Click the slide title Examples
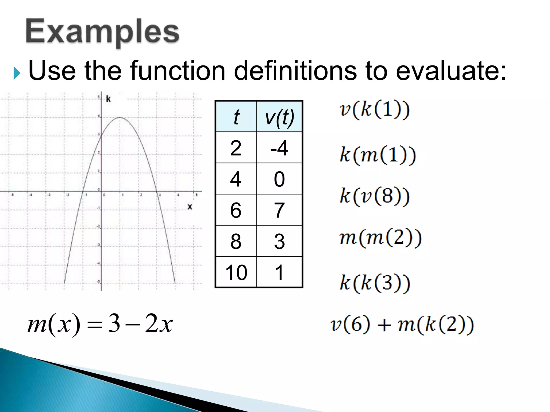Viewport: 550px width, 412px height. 102,32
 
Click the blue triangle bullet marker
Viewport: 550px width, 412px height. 17,73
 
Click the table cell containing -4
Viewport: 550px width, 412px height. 279,148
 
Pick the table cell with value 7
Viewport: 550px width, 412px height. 279,210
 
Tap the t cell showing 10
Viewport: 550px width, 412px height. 236,272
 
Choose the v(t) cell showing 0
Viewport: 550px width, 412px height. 279,179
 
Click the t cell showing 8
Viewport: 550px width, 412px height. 236,241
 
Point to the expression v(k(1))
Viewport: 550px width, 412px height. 375,110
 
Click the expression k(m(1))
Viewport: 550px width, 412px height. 378,155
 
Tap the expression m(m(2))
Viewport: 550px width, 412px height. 380,238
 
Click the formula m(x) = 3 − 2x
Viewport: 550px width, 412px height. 100,324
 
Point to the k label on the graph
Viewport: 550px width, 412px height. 108,99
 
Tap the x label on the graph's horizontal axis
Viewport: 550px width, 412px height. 190,207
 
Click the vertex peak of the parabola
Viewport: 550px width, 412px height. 120,117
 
